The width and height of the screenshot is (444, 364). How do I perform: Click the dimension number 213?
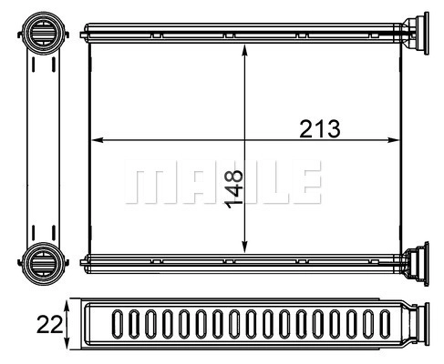coord(320,129)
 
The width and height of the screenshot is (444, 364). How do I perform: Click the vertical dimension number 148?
coord(233,189)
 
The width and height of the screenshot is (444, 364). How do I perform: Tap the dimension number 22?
coord(49,324)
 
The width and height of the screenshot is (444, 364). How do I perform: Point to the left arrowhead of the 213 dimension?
coord(98,140)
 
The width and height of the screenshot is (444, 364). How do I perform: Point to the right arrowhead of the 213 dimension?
coord(392,140)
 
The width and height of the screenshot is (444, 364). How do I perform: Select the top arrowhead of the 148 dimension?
coord(244,50)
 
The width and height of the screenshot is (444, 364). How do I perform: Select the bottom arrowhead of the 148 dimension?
coord(244,247)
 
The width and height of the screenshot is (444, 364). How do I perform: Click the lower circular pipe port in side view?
coord(43,263)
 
